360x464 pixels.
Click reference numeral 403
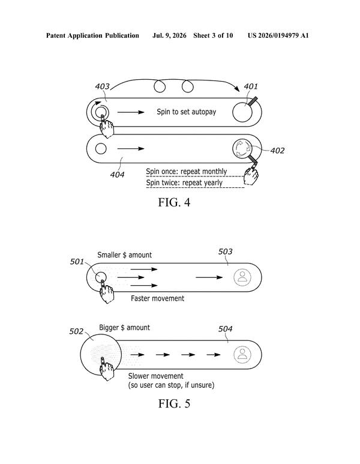[x=102, y=86]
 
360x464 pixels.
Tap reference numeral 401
[x=251, y=86]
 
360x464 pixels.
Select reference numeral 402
[x=277, y=151]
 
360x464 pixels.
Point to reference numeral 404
[x=117, y=175]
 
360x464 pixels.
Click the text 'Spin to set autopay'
[x=187, y=112]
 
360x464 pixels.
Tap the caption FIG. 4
[x=174, y=202]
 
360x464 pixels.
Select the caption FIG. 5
[x=174, y=403]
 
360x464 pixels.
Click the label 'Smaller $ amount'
[x=125, y=255]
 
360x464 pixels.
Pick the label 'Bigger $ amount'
[x=125, y=328]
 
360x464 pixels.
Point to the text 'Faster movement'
[x=157, y=298]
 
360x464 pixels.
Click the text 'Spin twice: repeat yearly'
[x=184, y=183]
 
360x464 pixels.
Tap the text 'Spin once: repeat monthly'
[x=187, y=172]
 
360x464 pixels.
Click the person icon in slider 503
[x=242, y=277]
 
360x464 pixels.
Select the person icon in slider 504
[x=242, y=355]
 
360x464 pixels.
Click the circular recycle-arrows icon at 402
[x=242, y=148]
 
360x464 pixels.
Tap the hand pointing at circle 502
[x=106, y=369]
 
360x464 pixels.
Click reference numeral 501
[x=77, y=262]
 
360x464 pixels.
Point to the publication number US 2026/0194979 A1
[x=278, y=36]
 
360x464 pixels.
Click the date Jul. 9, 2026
[x=169, y=36]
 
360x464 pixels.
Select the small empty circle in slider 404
[x=101, y=148]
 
